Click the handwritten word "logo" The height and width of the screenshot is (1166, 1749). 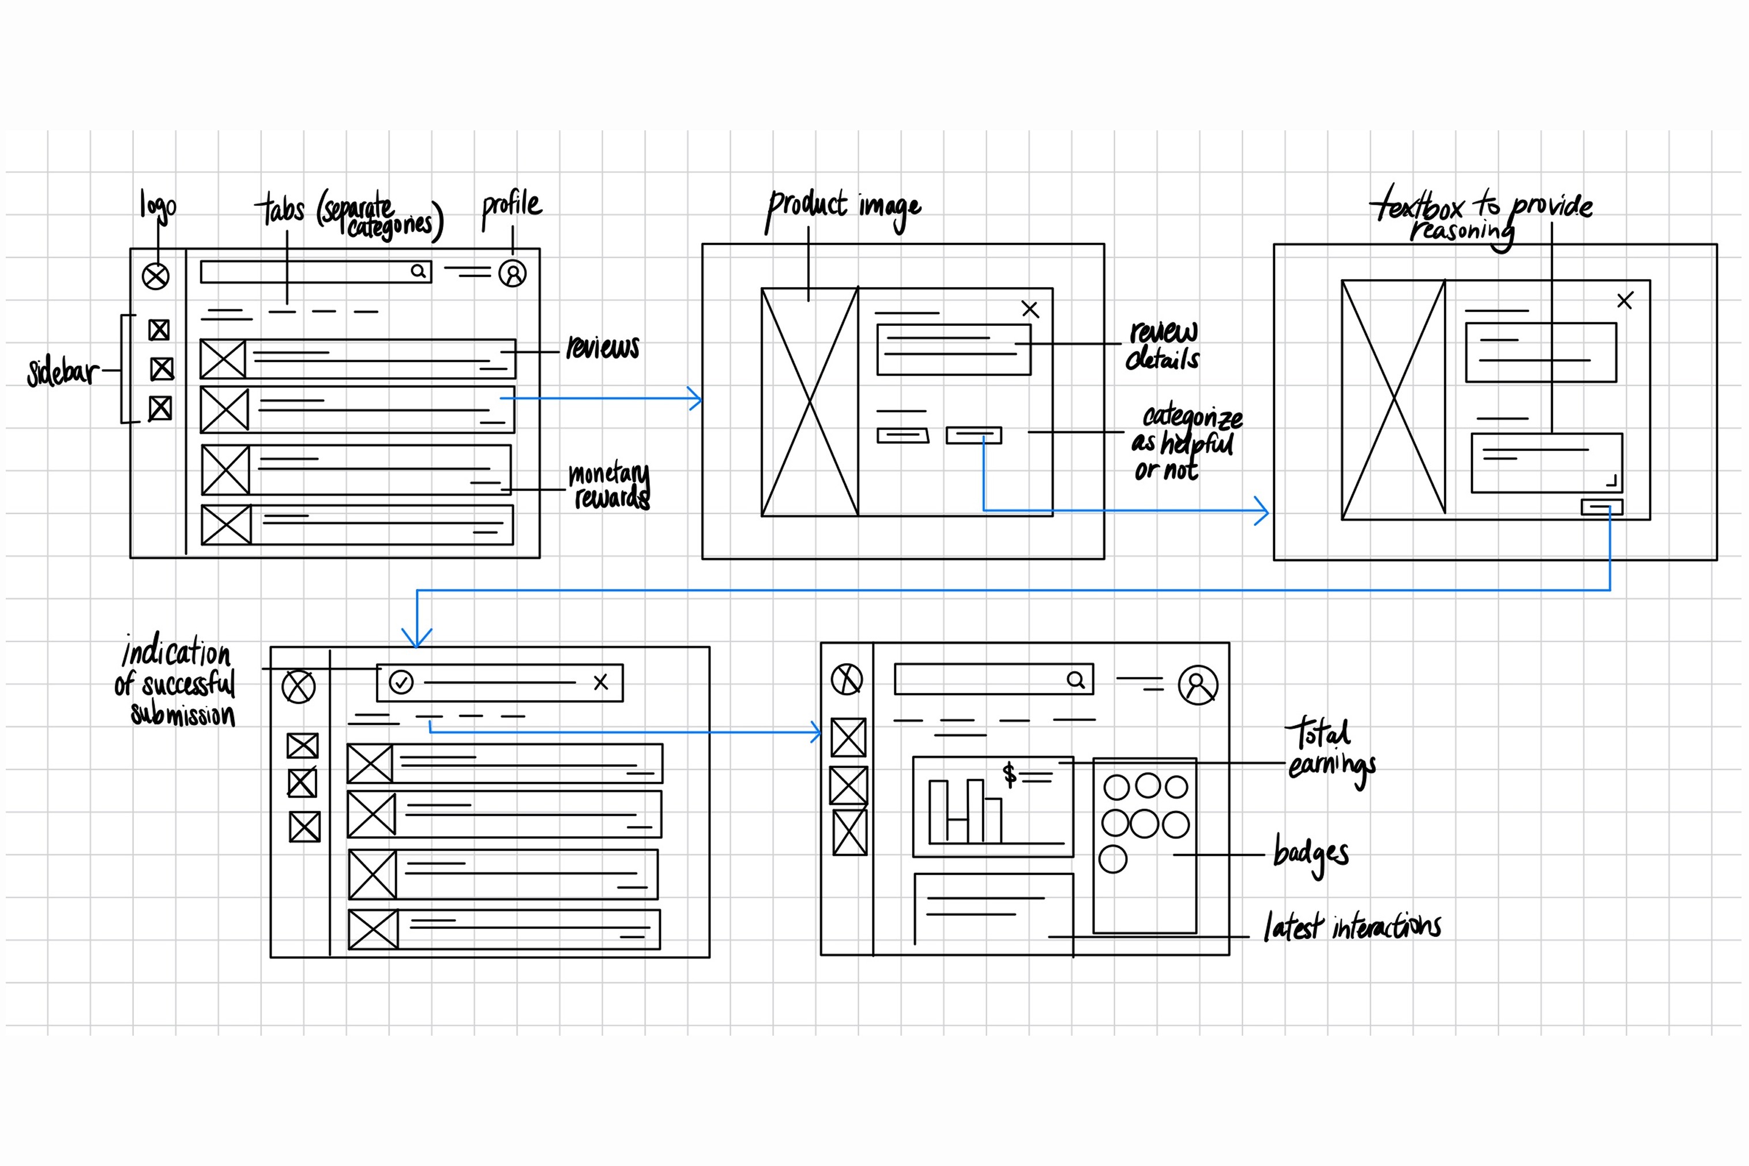(x=157, y=205)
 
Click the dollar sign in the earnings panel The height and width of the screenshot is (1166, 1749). (x=1009, y=774)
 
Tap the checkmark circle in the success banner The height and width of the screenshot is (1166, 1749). (x=401, y=682)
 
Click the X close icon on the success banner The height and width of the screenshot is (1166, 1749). (x=601, y=682)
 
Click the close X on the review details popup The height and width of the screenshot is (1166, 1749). (x=1030, y=309)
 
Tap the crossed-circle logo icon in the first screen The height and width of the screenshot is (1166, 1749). (x=156, y=277)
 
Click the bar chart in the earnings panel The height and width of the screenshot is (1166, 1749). (x=966, y=811)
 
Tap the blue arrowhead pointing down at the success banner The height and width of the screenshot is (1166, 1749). (x=417, y=637)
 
